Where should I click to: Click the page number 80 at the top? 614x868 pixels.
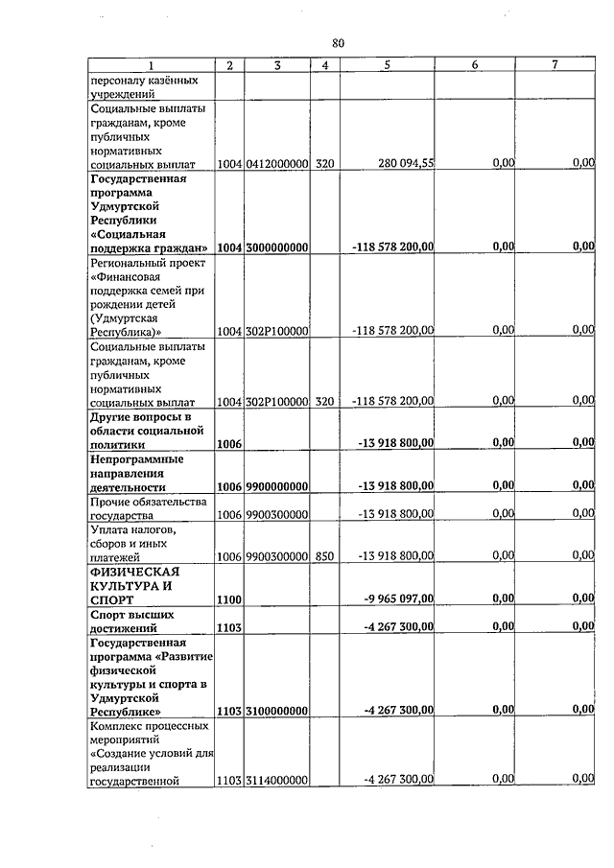pos(338,43)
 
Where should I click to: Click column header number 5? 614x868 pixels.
pos(388,65)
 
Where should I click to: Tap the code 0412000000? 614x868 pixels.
pos(276,164)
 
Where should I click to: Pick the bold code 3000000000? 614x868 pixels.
pos(276,247)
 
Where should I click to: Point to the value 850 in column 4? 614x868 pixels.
pos(324,556)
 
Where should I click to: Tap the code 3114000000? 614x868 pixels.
pos(276,781)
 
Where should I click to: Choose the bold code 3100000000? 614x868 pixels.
pos(276,712)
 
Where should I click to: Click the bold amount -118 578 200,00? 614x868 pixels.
pos(393,247)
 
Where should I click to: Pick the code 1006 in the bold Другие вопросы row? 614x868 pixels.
pos(229,444)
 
